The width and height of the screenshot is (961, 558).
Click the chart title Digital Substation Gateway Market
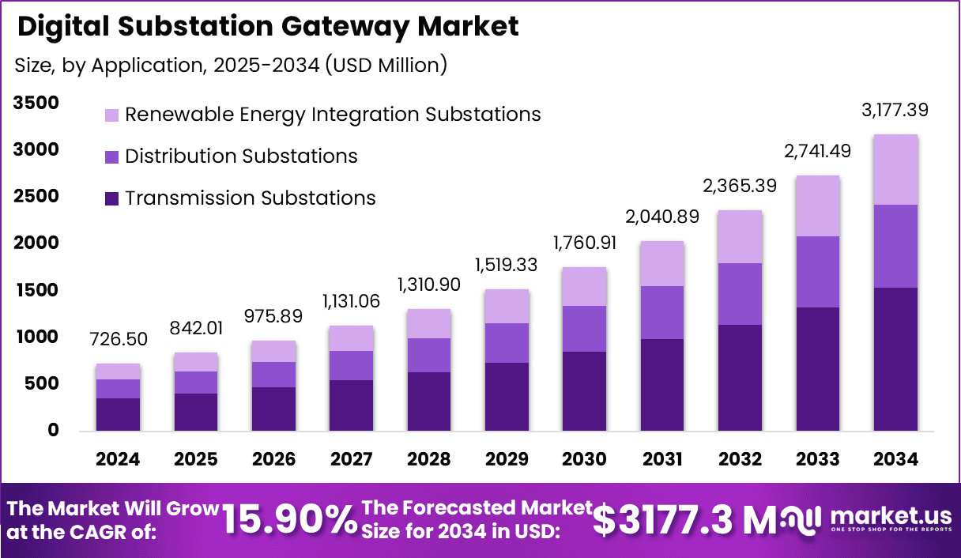tap(268, 27)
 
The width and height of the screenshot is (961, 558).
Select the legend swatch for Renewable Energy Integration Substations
tap(111, 115)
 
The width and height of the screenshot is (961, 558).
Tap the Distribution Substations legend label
tap(241, 156)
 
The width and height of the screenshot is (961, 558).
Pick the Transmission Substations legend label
tap(250, 198)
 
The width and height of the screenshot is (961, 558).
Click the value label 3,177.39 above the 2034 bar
tap(895, 110)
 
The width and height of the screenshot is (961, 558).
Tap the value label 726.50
tap(118, 340)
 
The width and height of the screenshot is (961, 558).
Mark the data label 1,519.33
tap(507, 266)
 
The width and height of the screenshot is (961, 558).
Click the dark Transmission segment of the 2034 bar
tap(895, 359)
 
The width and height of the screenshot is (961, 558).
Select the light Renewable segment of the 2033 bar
tap(818, 206)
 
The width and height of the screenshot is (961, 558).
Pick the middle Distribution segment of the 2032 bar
tap(740, 294)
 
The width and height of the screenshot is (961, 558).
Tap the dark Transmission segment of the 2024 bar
tap(118, 414)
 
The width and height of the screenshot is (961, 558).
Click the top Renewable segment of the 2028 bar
tap(428, 324)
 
